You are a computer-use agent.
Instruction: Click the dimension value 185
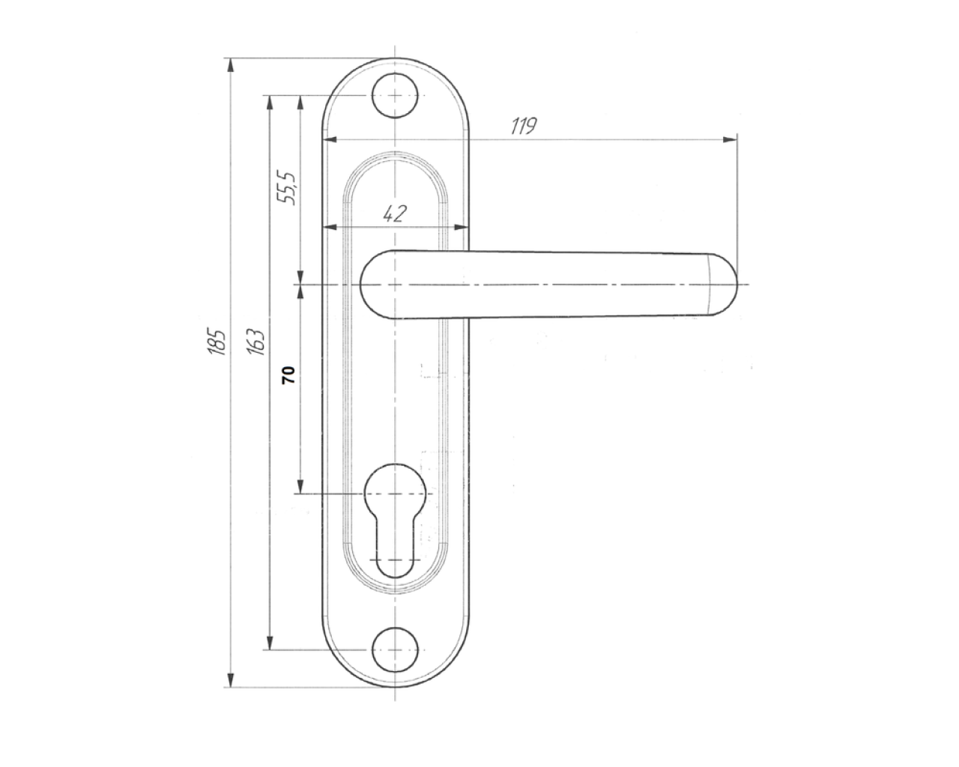218,342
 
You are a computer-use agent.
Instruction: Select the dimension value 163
256,342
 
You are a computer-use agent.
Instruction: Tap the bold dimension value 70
288,375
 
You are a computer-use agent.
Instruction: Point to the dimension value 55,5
286,187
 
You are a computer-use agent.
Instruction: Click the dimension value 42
395,214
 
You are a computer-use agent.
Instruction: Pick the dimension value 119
524,126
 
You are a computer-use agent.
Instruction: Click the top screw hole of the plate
395,95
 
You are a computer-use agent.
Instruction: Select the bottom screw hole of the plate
395,650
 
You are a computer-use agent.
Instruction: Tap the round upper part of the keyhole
395,493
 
